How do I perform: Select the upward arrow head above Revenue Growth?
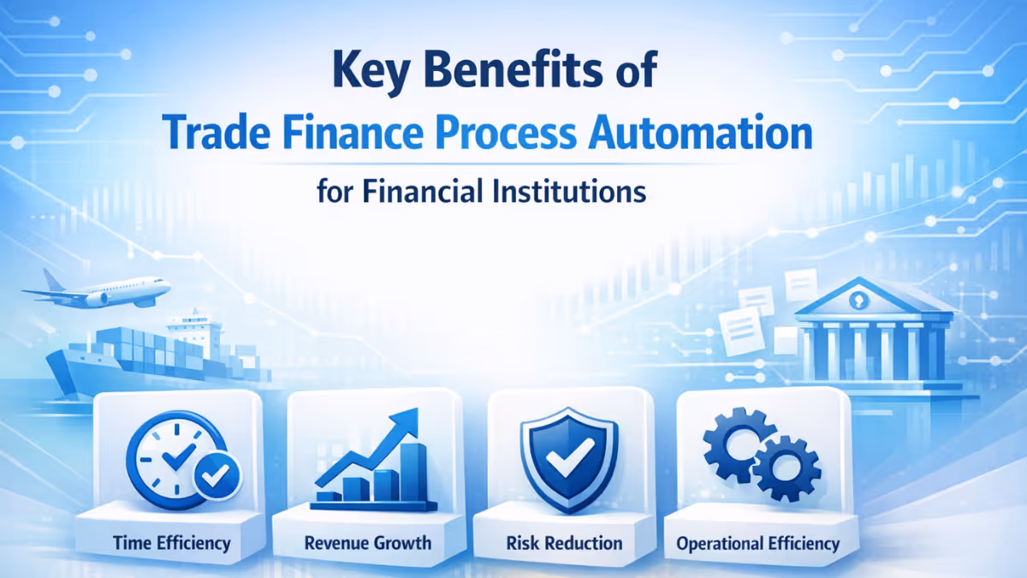(408, 420)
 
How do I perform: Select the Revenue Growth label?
(368, 543)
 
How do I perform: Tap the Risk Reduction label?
(564, 543)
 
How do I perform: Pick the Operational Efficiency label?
(757, 543)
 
